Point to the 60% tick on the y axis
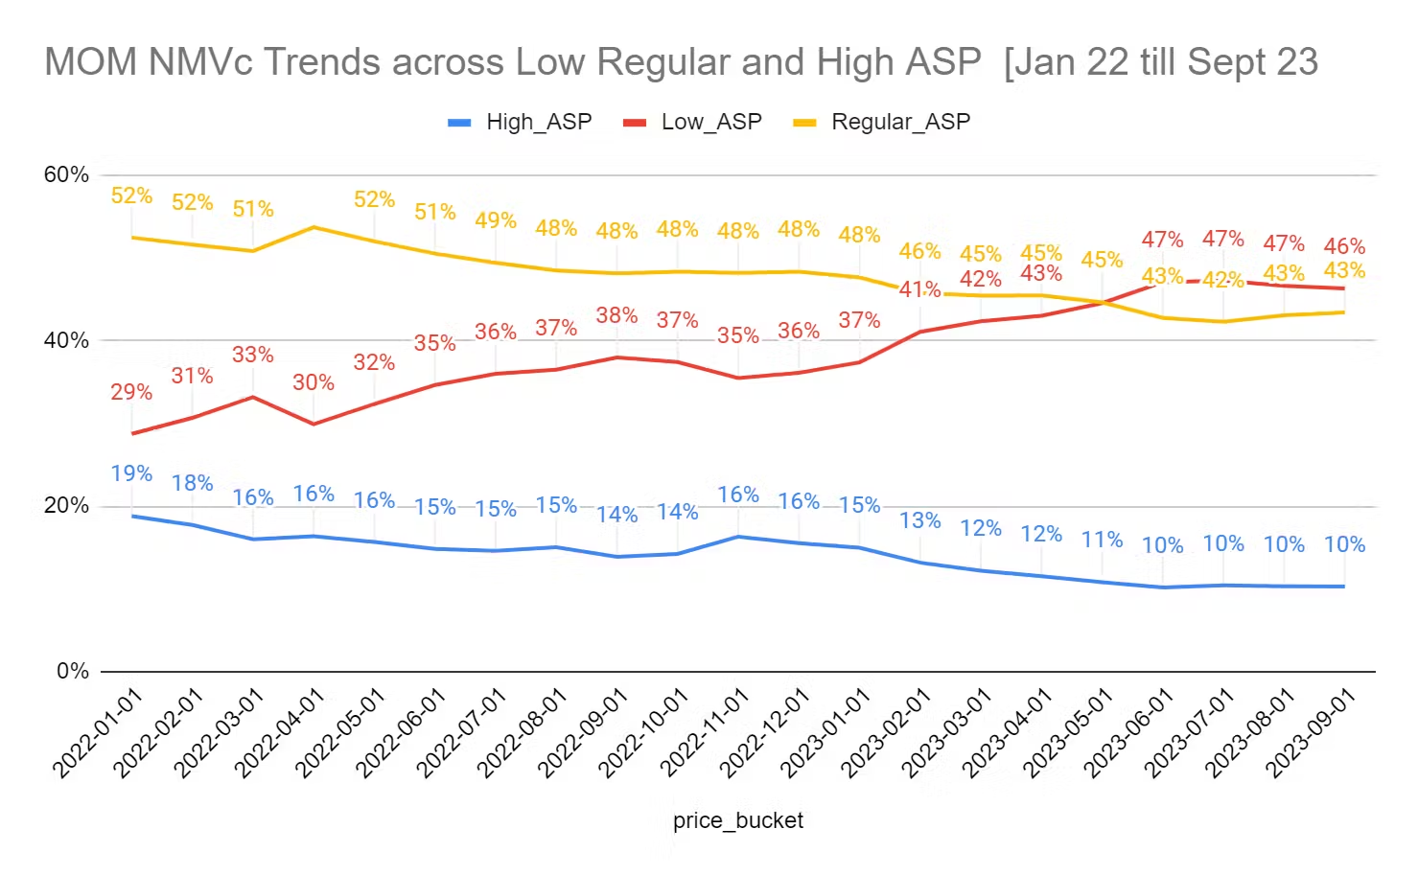[x=66, y=174]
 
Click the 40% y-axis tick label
[x=66, y=340]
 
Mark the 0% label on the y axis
[x=72, y=671]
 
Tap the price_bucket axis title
[x=738, y=820]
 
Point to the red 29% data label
[x=131, y=392]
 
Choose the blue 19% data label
[x=131, y=473]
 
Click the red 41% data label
[x=919, y=289]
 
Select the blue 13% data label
[x=919, y=520]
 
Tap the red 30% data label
[x=314, y=382]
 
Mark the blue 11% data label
[x=1102, y=540]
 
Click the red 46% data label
[x=1344, y=246]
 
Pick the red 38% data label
[x=616, y=315]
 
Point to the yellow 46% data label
[x=919, y=251]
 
